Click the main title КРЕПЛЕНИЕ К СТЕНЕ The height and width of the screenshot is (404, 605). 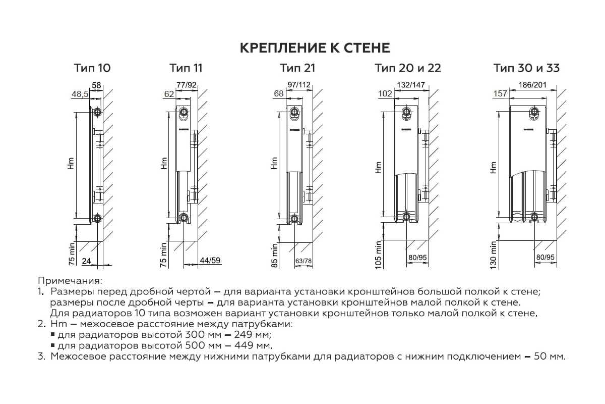tap(314, 48)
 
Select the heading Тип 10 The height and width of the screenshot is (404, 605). tap(92, 68)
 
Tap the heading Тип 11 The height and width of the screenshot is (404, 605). tap(186, 68)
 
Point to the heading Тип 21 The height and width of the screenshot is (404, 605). tap(297, 68)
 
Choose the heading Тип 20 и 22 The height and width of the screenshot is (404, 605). tap(408, 68)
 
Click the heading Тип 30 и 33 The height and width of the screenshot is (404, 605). tap(526, 68)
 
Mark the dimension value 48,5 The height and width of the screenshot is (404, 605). tap(80, 94)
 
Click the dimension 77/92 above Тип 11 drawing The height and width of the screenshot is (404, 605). tap(187, 85)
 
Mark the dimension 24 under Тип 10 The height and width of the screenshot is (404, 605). tap(86, 261)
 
